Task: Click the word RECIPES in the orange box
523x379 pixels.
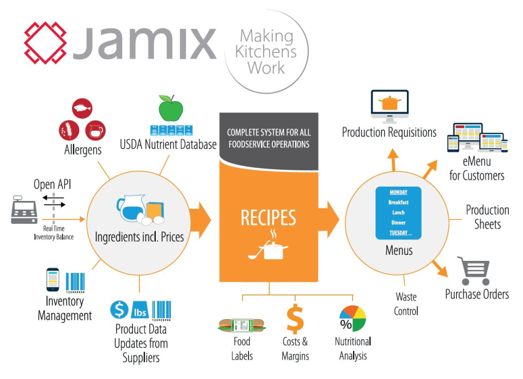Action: point(269,217)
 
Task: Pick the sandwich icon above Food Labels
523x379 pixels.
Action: point(241,326)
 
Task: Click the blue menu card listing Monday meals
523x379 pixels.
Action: point(399,212)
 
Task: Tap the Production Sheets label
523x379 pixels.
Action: point(487,217)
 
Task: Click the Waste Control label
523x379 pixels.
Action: point(406,304)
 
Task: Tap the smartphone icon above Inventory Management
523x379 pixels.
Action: point(53,279)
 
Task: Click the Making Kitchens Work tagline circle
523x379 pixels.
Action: point(267,52)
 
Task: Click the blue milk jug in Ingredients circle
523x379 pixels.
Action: point(129,209)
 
